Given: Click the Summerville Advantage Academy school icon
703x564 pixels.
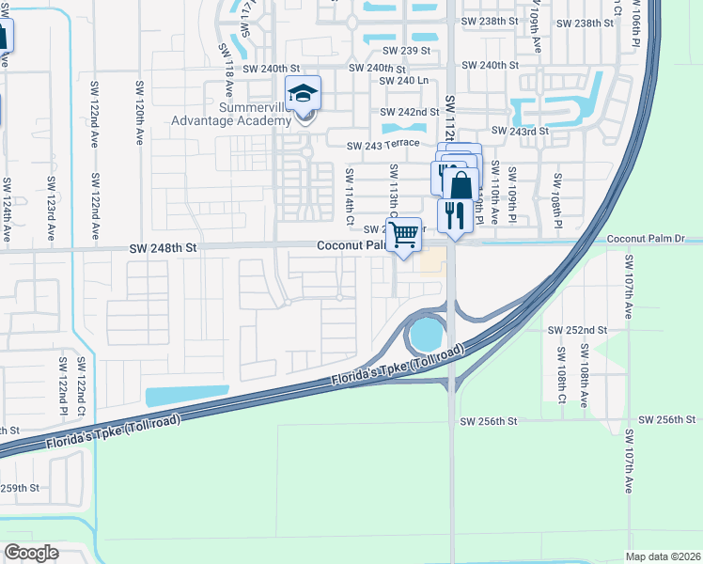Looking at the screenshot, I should point(304,96).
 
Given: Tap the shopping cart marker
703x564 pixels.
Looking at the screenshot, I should point(404,238).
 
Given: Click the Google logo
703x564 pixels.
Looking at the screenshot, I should point(32,553).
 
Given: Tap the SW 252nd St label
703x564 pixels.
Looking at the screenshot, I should point(578,331).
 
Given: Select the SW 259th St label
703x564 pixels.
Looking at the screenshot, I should point(19,488).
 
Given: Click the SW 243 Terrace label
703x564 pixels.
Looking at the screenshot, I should point(383,146).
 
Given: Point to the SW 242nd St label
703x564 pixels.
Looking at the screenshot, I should point(410,112).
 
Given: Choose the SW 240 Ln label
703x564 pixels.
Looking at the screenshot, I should point(403,81).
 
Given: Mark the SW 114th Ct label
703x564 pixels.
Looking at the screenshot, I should point(349,189).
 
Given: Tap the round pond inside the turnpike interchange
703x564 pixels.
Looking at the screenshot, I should point(425,333).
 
